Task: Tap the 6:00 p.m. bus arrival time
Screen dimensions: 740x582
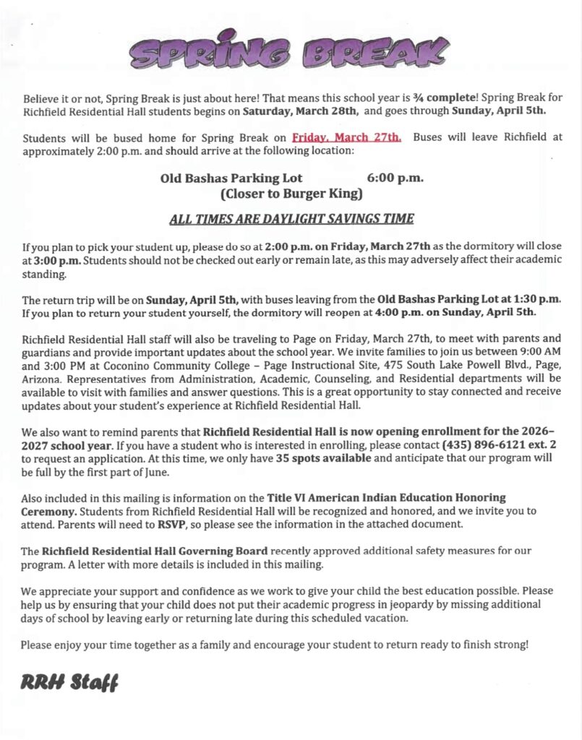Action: (395, 178)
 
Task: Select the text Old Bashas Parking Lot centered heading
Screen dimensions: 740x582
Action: (231, 178)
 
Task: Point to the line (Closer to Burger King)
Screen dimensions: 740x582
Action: (291, 194)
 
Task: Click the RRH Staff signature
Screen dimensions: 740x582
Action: (69, 681)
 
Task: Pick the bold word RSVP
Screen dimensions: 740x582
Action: (172, 524)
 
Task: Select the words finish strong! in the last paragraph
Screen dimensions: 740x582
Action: (500, 643)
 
